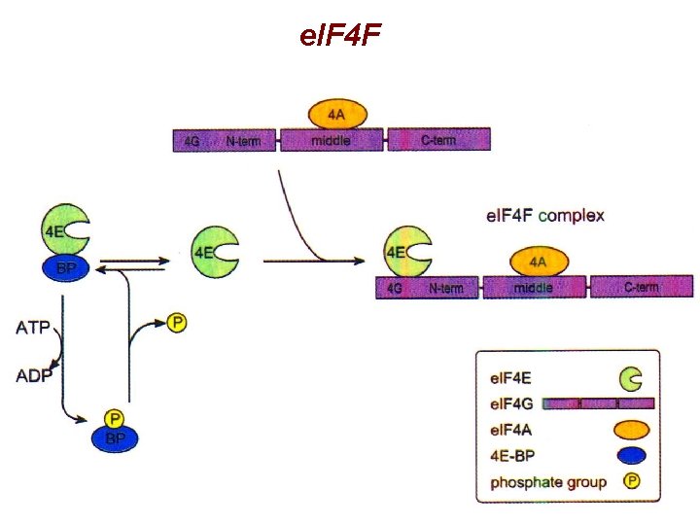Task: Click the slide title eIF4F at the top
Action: [x=341, y=37]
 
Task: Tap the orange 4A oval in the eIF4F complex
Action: [x=537, y=262]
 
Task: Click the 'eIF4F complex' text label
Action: [x=544, y=215]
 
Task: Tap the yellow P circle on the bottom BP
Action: [x=116, y=419]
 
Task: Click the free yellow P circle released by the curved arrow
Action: [x=176, y=323]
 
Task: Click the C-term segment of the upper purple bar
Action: [x=438, y=141]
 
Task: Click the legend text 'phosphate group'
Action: [x=548, y=482]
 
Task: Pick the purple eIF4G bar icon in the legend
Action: [x=598, y=402]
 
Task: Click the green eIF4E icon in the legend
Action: [x=631, y=376]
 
